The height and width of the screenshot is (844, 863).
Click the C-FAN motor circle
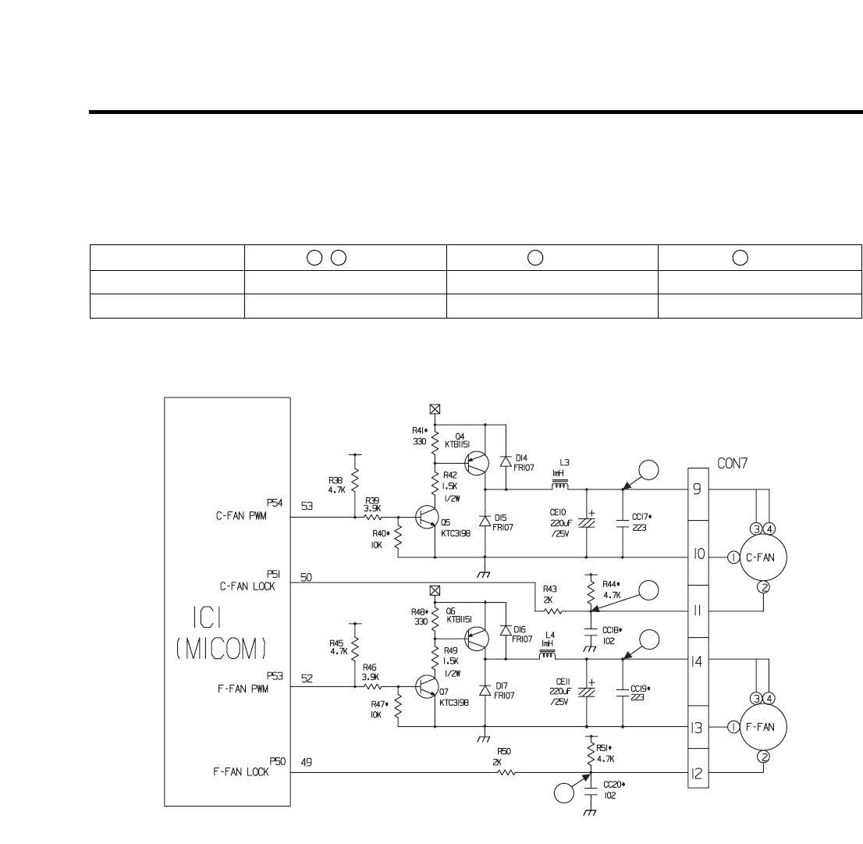pyautogui.click(x=762, y=557)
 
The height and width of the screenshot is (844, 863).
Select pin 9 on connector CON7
pyautogui.click(x=697, y=491)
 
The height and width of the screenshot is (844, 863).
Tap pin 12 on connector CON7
pyautogui.click(x=697, y=774)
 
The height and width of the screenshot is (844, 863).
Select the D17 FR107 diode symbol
pyautogui.click(x=485, y=689)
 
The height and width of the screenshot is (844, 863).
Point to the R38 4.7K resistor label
pyautogui.click(x=338, y=486)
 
